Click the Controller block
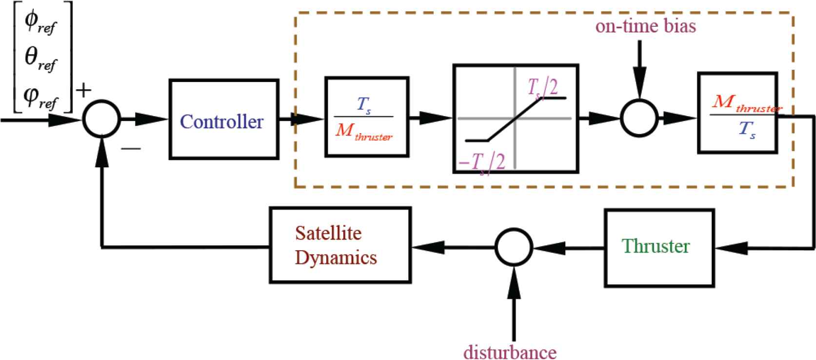click(223, 120)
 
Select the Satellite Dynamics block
click(340, 245)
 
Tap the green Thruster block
click(659, 247)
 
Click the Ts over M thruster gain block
click(367, 117)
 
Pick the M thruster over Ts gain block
click(737, 113)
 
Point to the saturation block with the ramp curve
click(516, 119)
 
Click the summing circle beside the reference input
click(101, 119)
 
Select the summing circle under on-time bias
click(639, 118)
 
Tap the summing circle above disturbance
click(514, 247)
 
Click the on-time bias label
click(645, 26)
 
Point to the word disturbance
click(510, 352)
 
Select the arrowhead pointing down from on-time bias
click(639, 87)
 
